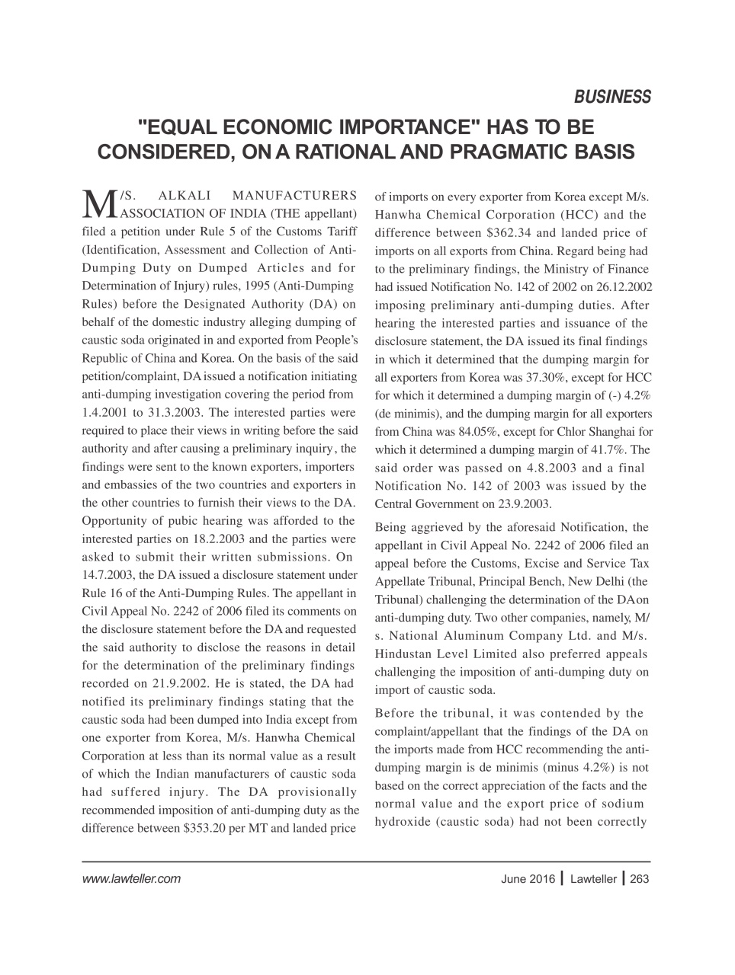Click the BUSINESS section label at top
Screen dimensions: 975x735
click(x=612, y=97)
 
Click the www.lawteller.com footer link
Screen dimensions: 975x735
click(x=130, y=879)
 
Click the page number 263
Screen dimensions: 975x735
click(x=640, y=879)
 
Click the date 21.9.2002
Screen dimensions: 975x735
click(x=180, y=683)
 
